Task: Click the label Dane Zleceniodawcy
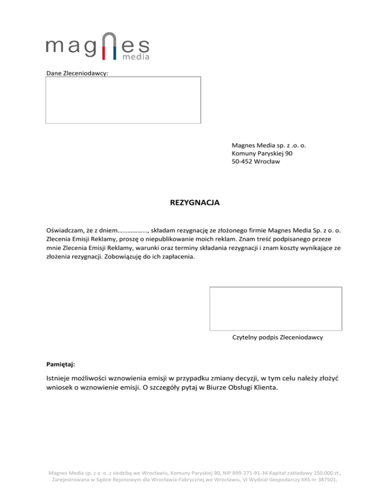click(77, 73)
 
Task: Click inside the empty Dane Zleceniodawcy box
click(123, 100)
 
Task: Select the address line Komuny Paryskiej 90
click(262, 153)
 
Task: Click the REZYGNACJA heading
click(195, 203)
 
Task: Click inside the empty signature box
click(275, 308)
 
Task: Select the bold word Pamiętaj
click(60, 364)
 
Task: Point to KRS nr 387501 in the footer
click(315, 480)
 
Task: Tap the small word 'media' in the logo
click(136, 57)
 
